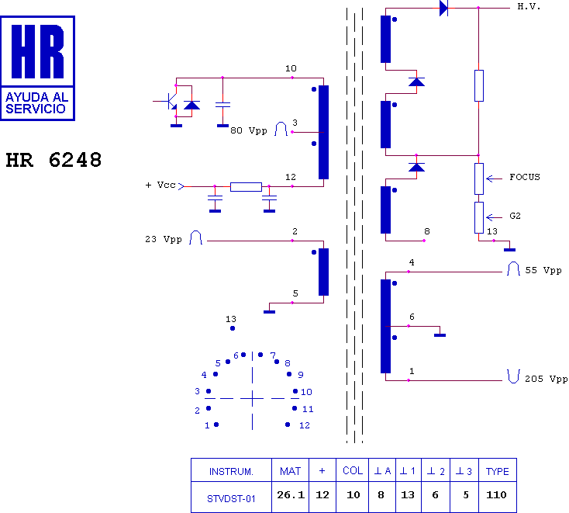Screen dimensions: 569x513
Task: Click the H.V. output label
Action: click(x=529, y=6)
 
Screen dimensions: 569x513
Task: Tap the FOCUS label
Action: click(x=524, y=177)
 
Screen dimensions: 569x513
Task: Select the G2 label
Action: click(x=515, y=216)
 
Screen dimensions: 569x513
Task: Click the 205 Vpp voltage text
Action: click(x=547, y=379)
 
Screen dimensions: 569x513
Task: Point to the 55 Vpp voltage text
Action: click(x=543, y=270)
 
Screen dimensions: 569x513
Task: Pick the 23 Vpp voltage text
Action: click(x=164, y=239)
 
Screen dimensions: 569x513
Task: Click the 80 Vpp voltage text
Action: click(x=249, y=130)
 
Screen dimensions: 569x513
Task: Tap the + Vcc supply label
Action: click(x=160, y=185)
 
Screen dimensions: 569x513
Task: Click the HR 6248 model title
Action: click(x=53, y=160)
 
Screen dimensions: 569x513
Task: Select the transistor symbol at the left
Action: click(x=170, y=101)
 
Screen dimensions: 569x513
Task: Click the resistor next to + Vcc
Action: click(x=246, y=187)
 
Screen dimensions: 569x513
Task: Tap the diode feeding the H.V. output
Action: click(x=443, y=8)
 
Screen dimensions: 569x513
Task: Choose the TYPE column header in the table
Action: click(x=497, y=471)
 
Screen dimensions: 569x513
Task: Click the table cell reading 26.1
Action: click(x=291, y=495)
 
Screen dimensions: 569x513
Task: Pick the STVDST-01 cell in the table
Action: click(x=231, y=499)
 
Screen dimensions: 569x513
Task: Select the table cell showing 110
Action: click(x=496, y=495)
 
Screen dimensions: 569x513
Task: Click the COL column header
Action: click(x=353, y=471)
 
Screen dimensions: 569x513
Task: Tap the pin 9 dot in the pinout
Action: click(x=289, y=374)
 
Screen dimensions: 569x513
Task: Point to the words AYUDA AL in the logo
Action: click(x=36, y=97)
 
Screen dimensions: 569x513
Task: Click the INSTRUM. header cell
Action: click(x=231, y=472)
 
